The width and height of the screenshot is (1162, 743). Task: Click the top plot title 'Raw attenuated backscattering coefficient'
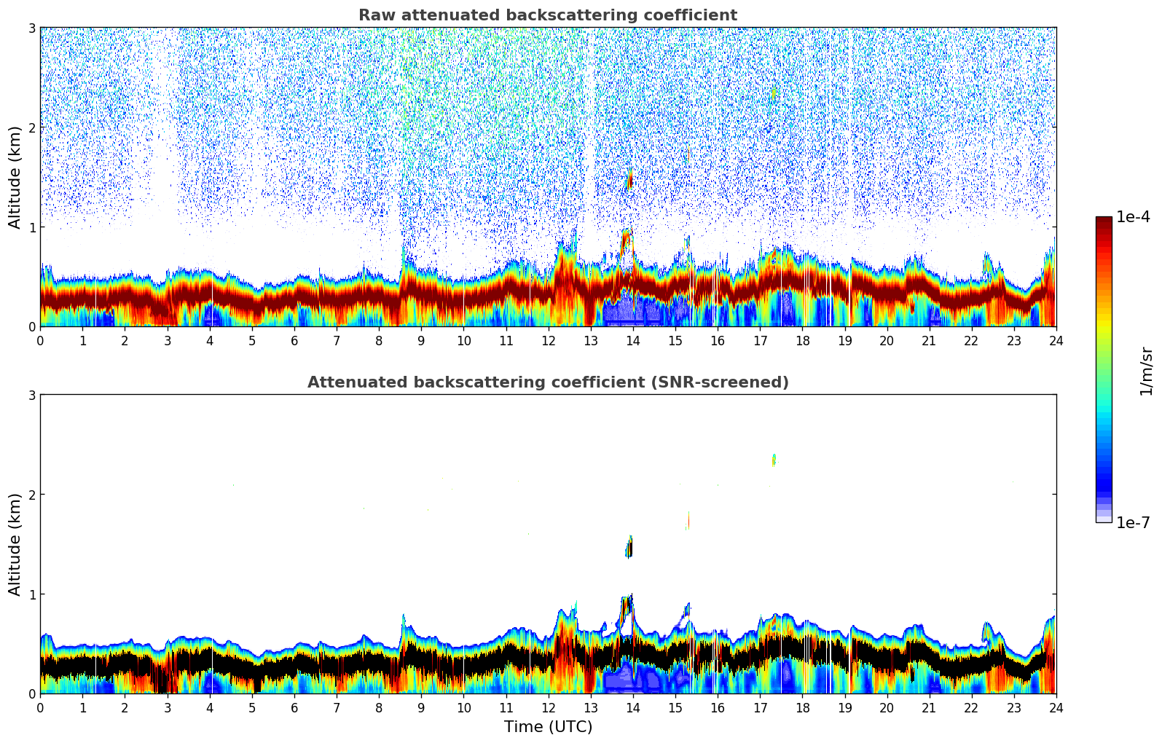pyautogui.click(x=547, y=15)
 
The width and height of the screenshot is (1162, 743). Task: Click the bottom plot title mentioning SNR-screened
pyautogui.click(x=547, y=382)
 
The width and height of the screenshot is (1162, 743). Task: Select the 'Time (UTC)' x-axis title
pyautogui.click(x=548, y=727)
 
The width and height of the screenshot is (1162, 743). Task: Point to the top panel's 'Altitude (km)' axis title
pyautogui.click(x=15, y=177)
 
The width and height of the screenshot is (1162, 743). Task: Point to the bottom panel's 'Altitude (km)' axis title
pyautogui.click(x=15, y=544)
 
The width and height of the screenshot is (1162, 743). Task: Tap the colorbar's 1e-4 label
pyautogui.click(x=1133, y=217)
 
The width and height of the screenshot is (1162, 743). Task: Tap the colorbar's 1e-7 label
pyautogui.click(x=1133, y=523)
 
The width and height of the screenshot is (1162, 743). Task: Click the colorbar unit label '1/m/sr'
pyautogui.click(x=1146, y=371)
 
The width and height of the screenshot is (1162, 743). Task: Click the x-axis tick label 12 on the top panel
pyautogui.click(x=548, y=341)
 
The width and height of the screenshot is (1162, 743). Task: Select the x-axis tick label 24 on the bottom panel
pyautogui.click(x=1056, y=708)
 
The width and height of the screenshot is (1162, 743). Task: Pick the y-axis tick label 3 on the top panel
pyautogui.click(x=32, y=28)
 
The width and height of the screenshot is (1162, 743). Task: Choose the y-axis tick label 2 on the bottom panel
pyautogui.click(x=32, y=495)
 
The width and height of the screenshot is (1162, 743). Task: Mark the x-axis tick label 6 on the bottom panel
pyautogui.click(x=294, y=708)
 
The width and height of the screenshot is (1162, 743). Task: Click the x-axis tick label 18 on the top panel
pyautogui.click(x=802, y=341)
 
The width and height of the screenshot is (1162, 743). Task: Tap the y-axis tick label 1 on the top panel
pyautogui.click(x=32, y=227)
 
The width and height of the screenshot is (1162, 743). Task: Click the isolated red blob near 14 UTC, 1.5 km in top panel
pyautogui.click(x=629, y=180)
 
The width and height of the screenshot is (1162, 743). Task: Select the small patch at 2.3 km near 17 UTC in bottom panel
pyautogui.click(x=774, y=460)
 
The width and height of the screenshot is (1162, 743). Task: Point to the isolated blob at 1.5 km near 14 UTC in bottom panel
pyautogui.click(x=629, y=547)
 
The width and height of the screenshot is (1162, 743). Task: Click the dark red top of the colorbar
pyautogui.click(x=1104, y=221)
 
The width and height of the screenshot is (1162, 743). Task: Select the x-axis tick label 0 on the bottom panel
pyautogui.click(x=40, y=708)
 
